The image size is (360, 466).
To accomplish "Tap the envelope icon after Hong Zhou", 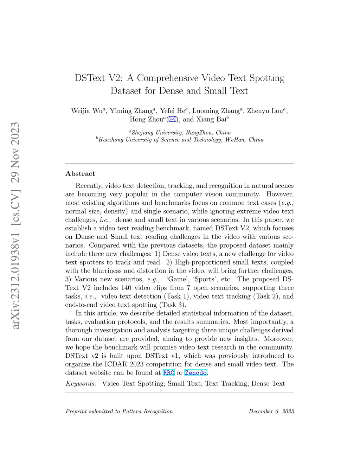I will (172, 120).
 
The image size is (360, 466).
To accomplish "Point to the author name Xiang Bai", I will (211, 120).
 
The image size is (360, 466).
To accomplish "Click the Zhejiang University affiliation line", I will (180, 133).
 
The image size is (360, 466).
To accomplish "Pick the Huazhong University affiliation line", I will (180, 140).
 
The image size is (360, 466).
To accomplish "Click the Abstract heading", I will (80, 174).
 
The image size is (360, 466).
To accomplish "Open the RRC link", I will (169, 373).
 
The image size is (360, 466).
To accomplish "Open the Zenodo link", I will (195, 373).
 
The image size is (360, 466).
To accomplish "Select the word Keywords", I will (81, 384).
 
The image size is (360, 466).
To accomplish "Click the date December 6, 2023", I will (271, 411).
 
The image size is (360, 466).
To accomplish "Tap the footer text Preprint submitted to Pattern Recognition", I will (119, 411).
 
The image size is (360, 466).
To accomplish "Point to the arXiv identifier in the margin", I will (15, 225).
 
